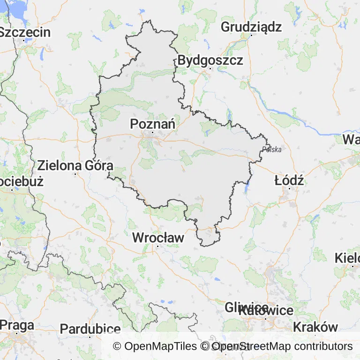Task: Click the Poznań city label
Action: pos(153,124)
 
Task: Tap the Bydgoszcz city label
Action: pos(210,60)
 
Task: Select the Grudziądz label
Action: pos(251,27)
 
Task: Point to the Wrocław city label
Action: pos(158,238)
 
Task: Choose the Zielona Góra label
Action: pos(75,165)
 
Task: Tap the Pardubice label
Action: pos(90,329)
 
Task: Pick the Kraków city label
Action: pos(315,327)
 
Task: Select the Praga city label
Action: pos(17,325)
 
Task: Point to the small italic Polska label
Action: pos(272,150)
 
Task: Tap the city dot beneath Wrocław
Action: pos(158,246)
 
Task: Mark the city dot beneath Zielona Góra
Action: pos(75,174)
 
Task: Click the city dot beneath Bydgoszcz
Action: pos(210,69)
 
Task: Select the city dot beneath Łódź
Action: pos(289,188)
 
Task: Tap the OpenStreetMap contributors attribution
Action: pos(282,346)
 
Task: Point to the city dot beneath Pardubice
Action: pos(90,337)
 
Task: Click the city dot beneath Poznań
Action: pos(153,133)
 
